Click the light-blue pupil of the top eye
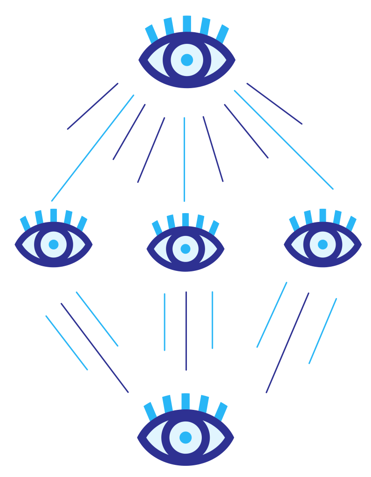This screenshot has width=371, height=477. click(x=187, y=60)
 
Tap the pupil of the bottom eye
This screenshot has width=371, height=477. click(x=185, y=437)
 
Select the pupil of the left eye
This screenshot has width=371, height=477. click(x=54, y=244)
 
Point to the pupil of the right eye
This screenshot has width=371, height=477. click(x=323, y=244)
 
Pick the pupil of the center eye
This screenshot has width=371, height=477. click(x=185, y=249)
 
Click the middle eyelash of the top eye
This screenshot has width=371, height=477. click(x=187, y=23)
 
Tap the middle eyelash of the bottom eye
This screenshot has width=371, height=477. click(x=185, y=401)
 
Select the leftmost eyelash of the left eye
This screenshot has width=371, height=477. click(x=25, y=223)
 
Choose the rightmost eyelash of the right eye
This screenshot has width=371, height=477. click(x=351, y=223)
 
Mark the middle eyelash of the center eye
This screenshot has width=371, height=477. click(x=185, y=220)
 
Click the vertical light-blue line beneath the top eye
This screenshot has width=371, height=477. click(x=185, y=159)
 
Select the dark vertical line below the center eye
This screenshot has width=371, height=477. click(x=186, y=331)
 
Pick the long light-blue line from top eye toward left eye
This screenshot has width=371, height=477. click(x=93, y=148)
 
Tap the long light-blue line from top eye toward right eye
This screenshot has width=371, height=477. click(x=283, y=139)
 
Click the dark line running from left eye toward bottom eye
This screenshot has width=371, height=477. click(x=95, y=348)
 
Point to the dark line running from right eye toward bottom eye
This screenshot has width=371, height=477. click(x=288, y=343)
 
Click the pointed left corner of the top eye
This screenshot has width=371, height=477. click(x=140, y=60)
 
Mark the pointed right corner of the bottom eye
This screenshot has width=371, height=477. click(x=233, y=437)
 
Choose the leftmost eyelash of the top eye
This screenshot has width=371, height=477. click(x=151, y=34)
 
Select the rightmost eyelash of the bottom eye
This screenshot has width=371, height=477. click(x=221, y=411)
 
